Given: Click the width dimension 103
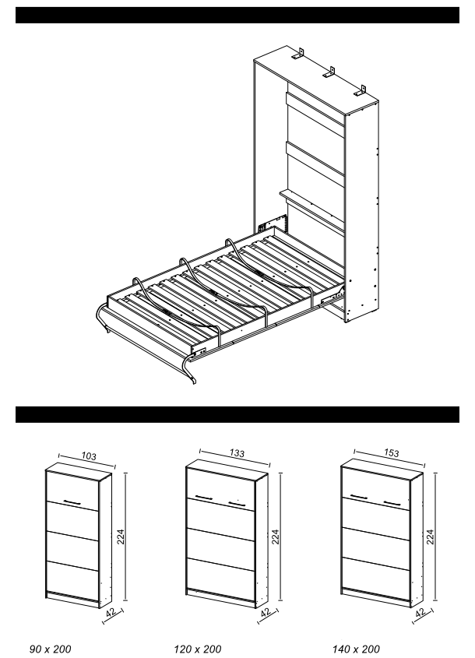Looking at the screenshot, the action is tap(89, 456).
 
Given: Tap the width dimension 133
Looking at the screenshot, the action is tap(237, 453).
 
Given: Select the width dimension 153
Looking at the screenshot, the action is tap(391, 453).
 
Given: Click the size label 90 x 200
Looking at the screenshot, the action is tap(51, 649).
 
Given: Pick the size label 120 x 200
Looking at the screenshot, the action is tap(198, 649).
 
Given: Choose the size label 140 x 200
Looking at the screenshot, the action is tap(357, 649).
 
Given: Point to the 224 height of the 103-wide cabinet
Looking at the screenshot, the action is tap(121, 537).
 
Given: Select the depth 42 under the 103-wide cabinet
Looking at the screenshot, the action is tap(111, 613).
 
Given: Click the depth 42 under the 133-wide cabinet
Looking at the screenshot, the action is tap(266, 613).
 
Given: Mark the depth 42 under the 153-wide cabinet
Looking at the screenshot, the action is tap(420, 613).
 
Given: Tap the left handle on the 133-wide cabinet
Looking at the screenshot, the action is tap(204, 498).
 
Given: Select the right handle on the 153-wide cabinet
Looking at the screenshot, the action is tap(392, 502).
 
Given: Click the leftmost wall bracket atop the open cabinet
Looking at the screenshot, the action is tap(298, 55).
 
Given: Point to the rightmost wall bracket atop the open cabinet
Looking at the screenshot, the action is tap(360, 90).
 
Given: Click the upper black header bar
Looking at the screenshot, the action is tap(237, 15).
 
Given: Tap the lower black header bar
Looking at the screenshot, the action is tap(237, 414).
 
